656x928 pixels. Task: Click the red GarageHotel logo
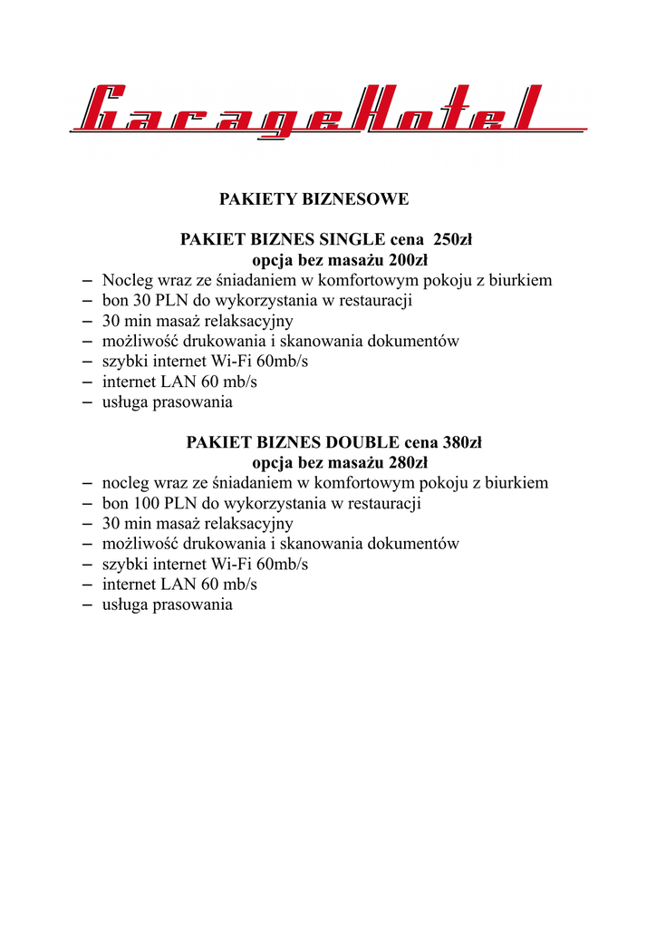328,111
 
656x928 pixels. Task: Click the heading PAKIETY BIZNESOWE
314,198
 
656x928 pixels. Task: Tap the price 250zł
453,240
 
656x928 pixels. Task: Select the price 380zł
462,443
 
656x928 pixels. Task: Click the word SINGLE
352,240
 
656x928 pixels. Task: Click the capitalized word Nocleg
127,281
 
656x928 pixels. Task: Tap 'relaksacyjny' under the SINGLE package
249,321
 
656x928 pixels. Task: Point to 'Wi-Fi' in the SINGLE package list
232,362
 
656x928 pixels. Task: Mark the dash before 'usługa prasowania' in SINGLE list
87,402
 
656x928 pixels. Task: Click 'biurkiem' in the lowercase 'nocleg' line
516,483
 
